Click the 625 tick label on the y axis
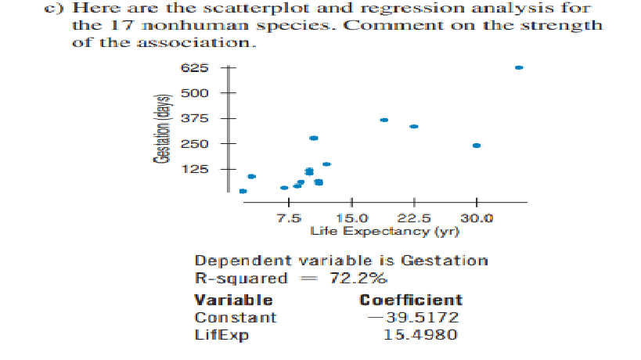coord(195,68)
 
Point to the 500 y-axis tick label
coord(195,94)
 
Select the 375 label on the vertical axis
coord(195,119)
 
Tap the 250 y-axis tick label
coord(195,144)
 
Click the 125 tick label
coord(195,169)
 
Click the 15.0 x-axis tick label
coord(351,218)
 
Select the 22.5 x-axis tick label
coord(414,218)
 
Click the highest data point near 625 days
coord(518,67)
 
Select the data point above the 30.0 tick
coord(476,146)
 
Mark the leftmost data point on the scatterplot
coord(243,190)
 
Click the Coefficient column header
coord(411,300)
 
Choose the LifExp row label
coord(216,336)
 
